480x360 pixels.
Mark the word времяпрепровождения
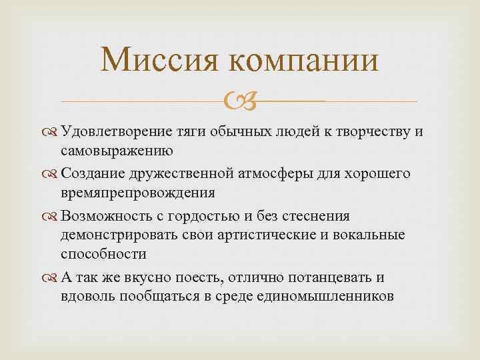click(x=137, y=193)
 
